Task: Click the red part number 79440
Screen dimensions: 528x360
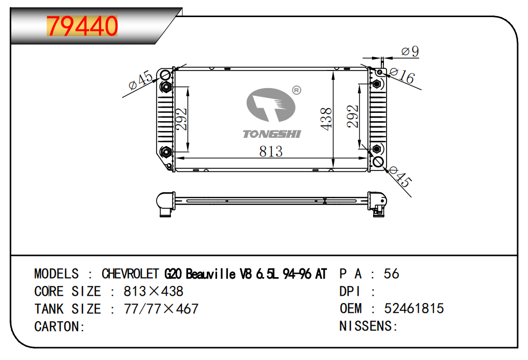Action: pos(82,26)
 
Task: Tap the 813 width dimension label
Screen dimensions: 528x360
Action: pos(270,152)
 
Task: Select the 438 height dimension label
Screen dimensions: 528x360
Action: pos(326,119)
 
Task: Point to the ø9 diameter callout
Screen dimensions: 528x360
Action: pos(410,51)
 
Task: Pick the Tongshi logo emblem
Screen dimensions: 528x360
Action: pos(270,105)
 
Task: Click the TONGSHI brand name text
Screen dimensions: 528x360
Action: pos(272,134)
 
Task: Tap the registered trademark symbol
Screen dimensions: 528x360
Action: pos(296,90)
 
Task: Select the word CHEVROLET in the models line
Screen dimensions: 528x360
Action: pos(130,274)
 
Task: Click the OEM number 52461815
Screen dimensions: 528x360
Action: pos(414,309)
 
